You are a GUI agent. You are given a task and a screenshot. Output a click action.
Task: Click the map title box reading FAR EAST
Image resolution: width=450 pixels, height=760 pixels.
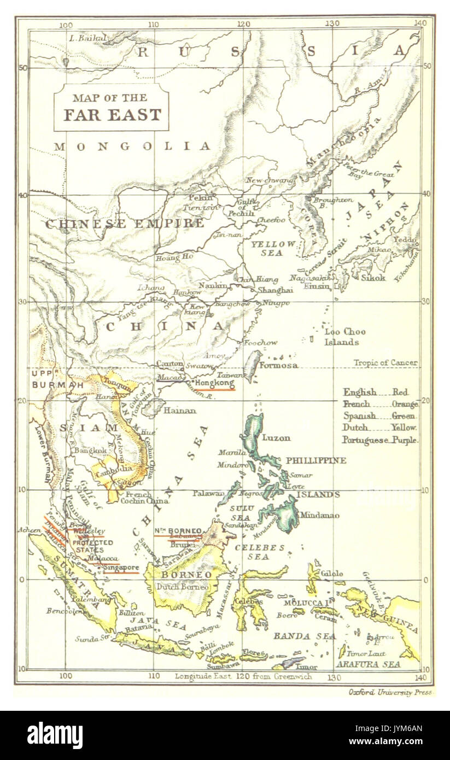(x=111, y=108)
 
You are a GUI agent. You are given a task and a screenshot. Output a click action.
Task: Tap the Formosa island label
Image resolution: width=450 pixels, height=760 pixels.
(x=279, y=365)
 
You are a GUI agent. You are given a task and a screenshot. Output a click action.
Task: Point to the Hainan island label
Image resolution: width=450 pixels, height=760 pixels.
(x=180, y=410)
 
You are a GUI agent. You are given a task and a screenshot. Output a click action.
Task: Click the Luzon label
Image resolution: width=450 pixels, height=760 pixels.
(x=277, y=437)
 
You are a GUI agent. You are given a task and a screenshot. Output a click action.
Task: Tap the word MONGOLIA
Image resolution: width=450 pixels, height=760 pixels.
(x=132, y=146)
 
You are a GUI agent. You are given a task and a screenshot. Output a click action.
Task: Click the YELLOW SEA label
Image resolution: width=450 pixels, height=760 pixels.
(x=273, y=249)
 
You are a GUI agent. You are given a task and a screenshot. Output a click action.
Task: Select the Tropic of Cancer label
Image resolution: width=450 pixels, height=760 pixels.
(x=385, y=363)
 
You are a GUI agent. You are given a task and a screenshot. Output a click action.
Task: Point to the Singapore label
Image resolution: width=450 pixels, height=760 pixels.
(x=121, y=568)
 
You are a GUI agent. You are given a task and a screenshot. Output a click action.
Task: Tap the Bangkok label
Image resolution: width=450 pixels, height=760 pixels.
(x=91, y=450)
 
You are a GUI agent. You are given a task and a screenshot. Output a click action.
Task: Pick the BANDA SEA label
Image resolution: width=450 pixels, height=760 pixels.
(x=296, y=636)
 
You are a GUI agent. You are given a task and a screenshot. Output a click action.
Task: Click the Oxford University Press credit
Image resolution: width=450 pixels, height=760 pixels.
(x=390, y=692)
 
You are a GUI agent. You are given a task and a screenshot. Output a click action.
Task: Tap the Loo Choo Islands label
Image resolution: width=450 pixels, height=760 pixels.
(x=345, y=337)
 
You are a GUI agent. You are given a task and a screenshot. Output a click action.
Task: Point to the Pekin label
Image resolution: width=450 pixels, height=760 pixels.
(x=200, y=198)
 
